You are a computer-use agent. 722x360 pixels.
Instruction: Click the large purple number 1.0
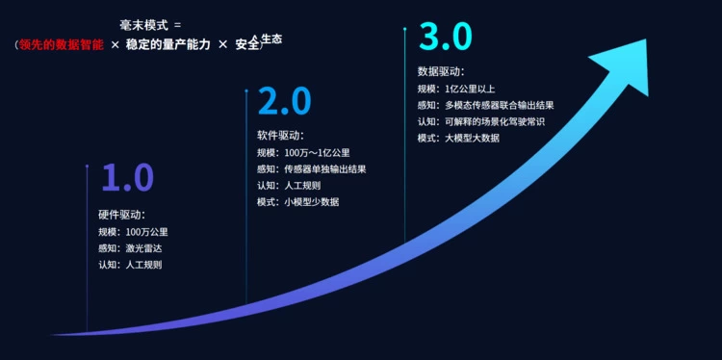click(127, 177)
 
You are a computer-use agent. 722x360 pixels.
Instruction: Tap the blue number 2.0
click(285, 101)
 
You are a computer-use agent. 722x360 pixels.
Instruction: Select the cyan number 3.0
click(446, 37)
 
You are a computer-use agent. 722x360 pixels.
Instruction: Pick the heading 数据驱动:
click(441, 71)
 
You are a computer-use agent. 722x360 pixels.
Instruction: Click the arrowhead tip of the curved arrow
click(647, 39)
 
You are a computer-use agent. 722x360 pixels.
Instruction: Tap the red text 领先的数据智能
click(62, 45)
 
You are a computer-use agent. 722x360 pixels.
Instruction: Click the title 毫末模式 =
click(150, 26)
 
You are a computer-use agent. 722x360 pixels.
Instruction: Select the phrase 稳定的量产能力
click(168, 45)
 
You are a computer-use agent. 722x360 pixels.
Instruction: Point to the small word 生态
click(271, 39)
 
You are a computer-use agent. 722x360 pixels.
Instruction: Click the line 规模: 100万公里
click(133, 232)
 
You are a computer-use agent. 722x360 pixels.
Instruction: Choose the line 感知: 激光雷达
click(130, 248)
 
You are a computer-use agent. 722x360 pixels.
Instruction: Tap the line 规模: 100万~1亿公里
click(307, 152)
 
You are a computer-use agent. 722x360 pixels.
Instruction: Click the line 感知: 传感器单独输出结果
click(312, 169)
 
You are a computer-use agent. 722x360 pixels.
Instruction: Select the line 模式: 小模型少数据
click(297, 202)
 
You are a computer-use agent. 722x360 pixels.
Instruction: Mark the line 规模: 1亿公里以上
click(456, 89)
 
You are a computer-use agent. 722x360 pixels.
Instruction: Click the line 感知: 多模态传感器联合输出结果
click(485, 106)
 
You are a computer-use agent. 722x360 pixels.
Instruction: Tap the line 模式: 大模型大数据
click(458, 138)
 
